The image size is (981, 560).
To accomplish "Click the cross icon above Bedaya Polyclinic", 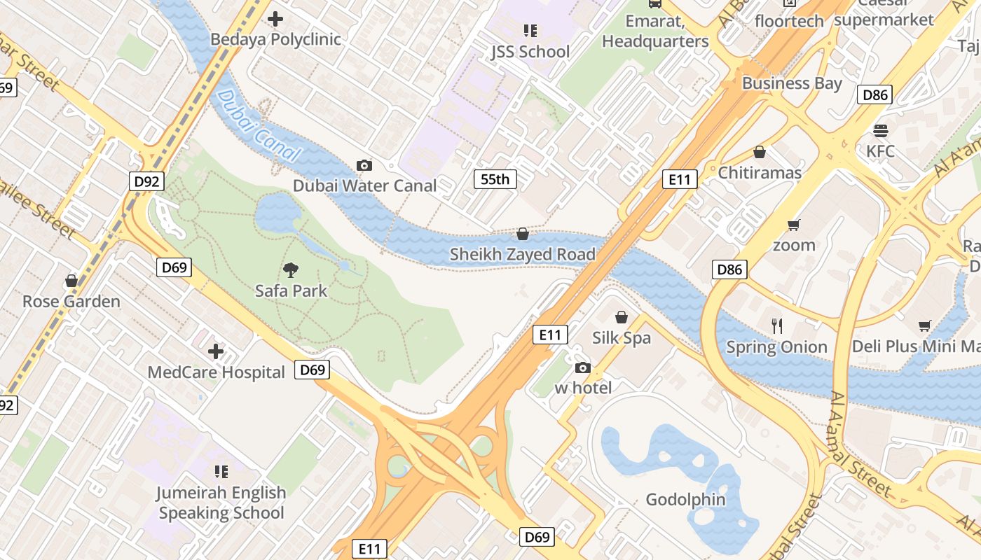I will pos(276,19).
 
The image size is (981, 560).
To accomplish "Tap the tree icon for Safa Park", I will pos(291,269).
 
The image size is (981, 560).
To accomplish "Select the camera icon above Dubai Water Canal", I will pos(364,165).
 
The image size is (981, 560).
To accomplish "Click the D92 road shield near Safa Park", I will pos(146,181).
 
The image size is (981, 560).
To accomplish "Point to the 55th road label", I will pos(495,179).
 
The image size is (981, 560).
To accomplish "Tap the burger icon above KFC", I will pos(881,131).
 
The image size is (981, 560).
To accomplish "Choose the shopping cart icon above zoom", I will pos(794,225).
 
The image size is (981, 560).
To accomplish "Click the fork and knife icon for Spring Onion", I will pos(776,325).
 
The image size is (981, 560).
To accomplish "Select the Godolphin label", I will pos(685,500).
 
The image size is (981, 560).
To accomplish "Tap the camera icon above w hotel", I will pos(582,367).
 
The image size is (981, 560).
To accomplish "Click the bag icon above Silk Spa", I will pos(622,317).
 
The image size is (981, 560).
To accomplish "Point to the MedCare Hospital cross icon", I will pos(216,351).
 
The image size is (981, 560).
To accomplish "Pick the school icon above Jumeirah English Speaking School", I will pos(221,472).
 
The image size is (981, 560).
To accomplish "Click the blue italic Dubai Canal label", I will pos(259,127).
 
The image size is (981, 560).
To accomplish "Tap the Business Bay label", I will pos(792,83).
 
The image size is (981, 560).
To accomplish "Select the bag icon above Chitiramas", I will pos(760,152).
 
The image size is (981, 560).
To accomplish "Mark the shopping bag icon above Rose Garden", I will pos(71,281).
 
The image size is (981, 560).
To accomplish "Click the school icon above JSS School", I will pos(530,31).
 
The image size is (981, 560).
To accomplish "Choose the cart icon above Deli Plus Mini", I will pos(925,325).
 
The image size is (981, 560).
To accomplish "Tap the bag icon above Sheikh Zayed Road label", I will pos(523,234).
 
